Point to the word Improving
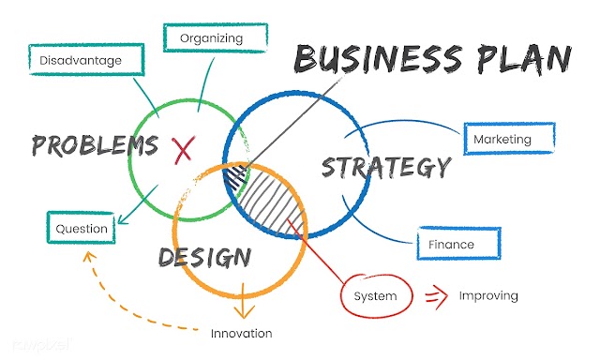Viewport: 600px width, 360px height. [x=488, y=295]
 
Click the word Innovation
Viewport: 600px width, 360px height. [x=242, y=333]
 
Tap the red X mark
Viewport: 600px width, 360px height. [x=184, y=150]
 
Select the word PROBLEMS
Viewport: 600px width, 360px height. [x=95, y=145]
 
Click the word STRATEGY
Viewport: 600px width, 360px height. [x=386, y=168]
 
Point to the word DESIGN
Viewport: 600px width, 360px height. [x=204, y=257]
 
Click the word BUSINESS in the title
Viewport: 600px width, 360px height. [x=379, y=58]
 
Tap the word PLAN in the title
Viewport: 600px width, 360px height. [x=524, y=59]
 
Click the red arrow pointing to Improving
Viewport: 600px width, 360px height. [x=437, y=296]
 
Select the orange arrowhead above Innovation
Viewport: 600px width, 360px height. [x=243, y=310]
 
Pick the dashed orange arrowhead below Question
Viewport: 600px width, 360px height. [x=89, y=257]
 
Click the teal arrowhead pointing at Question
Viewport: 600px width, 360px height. [x=123, y=218]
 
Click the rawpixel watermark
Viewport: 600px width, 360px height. [x=41, y=345]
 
